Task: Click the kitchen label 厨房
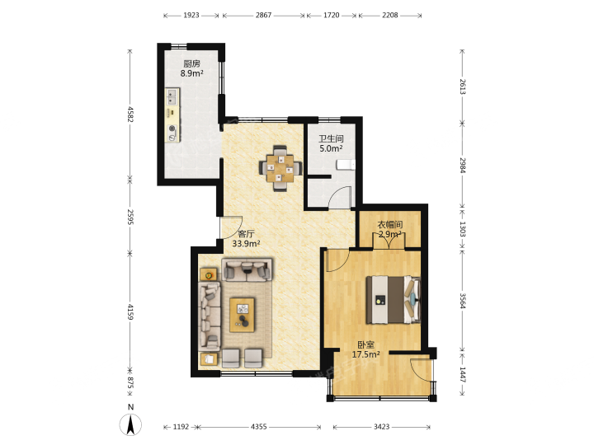coord(191,63)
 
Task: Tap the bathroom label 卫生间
coord(331,139)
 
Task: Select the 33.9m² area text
coord(246,244)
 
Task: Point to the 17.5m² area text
coord(366,354)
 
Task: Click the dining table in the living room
coord(280,168)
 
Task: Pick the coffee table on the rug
coord(242,315)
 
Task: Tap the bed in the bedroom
coord(393,300)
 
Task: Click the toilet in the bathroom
coord(346,165)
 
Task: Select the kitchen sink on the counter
coord(172,96)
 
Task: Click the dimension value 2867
coord(263,15)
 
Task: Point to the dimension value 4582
coord(130,115)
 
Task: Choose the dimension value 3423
coord(381,427)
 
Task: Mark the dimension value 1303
coord(463,229)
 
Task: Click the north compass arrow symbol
coord(130,424)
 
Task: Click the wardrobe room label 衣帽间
coord(389,225)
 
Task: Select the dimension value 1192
coord(181,427)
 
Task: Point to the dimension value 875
coord(130,382)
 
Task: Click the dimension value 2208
coord(389,15)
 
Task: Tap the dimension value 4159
coord(130,311)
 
